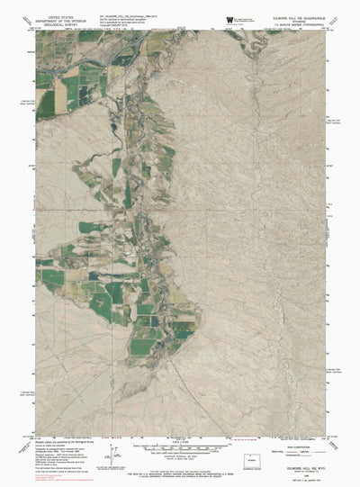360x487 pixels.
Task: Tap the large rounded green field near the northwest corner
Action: (72, 91)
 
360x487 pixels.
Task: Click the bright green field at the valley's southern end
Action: (144, 344)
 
